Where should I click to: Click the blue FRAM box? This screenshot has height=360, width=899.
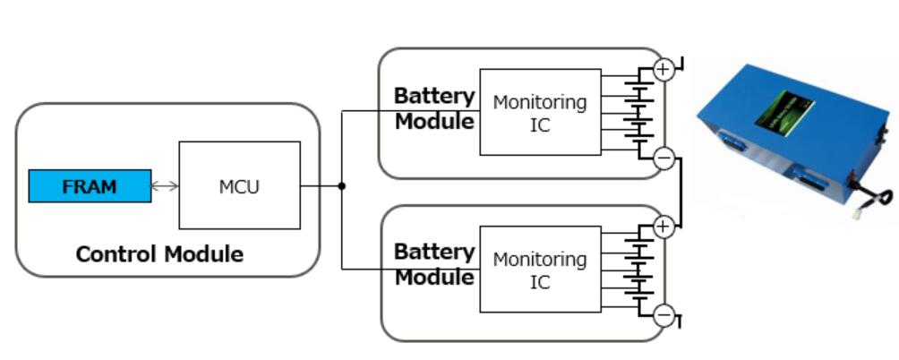pos(90,186)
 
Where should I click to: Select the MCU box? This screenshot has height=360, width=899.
pos(239,185)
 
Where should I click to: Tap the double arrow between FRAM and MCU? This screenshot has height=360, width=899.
pos(165,186)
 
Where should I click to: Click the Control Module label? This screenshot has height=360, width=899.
pos(159,254)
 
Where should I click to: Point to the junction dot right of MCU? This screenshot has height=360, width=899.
pos(342,186)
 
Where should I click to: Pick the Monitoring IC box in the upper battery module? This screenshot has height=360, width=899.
pos(540,112)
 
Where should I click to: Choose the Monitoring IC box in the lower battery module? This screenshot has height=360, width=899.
pos(540,270)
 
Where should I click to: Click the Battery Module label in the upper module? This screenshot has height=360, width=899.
pos(434,108)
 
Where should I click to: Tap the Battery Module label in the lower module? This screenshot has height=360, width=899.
pos(434,265)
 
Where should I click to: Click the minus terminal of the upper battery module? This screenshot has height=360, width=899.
pos(664,159)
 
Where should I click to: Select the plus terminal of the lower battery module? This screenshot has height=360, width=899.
pos(663,227)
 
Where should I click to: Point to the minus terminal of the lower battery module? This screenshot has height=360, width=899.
pos(664,315)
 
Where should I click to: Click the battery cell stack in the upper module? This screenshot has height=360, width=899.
pos(638,112)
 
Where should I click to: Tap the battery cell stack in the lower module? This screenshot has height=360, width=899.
pos(638,270)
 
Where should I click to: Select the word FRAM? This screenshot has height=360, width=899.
pos(90,186)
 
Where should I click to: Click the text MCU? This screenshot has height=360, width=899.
pos(239,186)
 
